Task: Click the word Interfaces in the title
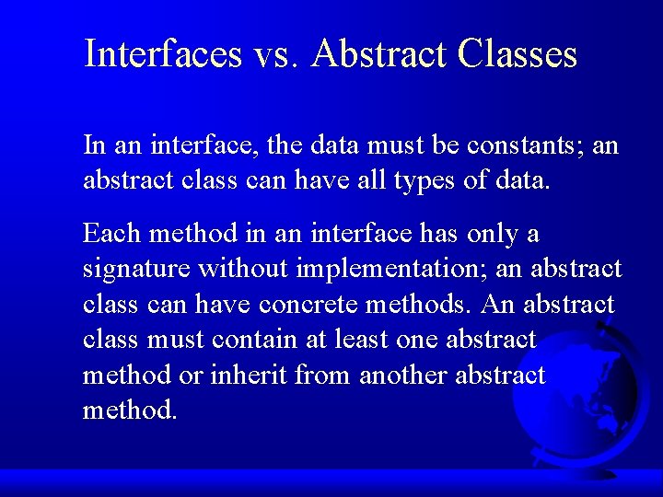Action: [x=163, y=54]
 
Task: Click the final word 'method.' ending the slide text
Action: [x=130, y=410]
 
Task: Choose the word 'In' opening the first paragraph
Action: [x=93, y=145]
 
